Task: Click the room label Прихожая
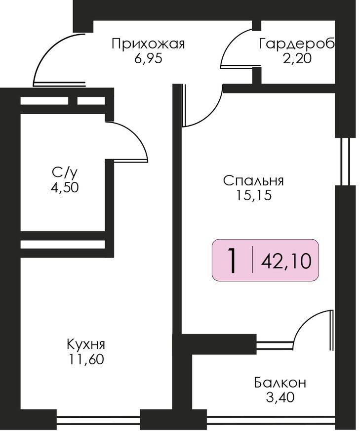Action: click(x=148, y=44)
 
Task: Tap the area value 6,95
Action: click(x=148, y=58)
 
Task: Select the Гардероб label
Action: click(x=297, y=44)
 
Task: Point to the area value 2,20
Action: click(x=297, y=58)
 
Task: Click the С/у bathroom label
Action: click(x=65, y=173)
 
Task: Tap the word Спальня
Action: click(x=253, y=180)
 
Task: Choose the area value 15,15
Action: click(x=253, y=195)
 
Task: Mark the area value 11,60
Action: click(x=86, y=359)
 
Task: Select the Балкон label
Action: click(x=280, y=382)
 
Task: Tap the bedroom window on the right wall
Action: click(x=345, y=161)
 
